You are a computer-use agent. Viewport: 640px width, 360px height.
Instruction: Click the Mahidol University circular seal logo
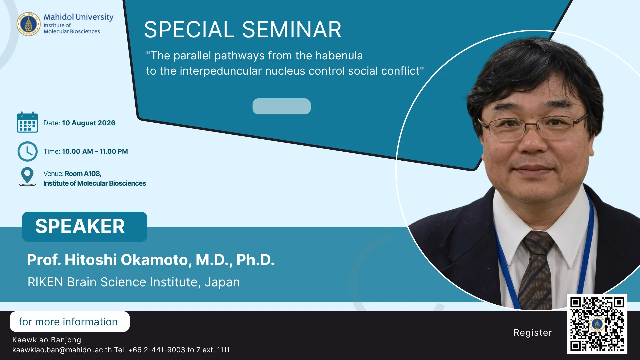(x=29, y=24)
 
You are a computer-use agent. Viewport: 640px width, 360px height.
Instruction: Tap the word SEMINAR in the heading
(x=292, y=30)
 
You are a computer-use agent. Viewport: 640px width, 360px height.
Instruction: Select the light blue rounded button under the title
(x=282, y=106)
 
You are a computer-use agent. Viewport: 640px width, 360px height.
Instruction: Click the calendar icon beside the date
(x=27, y=122)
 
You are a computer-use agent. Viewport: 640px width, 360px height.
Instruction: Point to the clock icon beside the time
(x=28, y=151)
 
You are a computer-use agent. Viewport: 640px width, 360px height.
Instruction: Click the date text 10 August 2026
(x=89, y=123)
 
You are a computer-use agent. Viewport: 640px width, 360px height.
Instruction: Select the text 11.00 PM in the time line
(x=114, y=151)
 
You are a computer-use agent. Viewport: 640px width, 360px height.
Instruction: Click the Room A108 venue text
(x=83, y=174)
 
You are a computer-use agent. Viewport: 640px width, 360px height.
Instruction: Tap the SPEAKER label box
(x=85, y=227)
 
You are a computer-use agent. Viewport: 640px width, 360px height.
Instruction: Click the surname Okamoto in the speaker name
(x=156, y=260)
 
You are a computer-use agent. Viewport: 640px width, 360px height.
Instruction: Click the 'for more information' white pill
(x=70, y=322)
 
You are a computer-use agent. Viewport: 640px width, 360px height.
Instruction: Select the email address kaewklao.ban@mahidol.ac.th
(x=62, y=350)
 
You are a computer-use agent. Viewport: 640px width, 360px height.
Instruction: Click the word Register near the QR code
(x=533, y=333)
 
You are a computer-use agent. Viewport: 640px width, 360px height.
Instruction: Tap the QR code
(x=597, y=324)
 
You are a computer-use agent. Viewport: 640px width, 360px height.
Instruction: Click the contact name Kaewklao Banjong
(x=47, y=340)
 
